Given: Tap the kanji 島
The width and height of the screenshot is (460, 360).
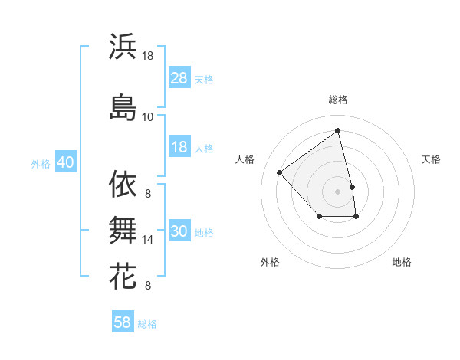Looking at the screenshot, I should point(123,106).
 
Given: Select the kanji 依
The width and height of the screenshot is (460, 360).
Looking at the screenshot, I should point(123,184).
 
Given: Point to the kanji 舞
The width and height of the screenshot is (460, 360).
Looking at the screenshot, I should point(123,230).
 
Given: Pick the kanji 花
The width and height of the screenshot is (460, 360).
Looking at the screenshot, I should point(123,276).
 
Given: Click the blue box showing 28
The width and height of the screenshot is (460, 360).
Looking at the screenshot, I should point(179,79).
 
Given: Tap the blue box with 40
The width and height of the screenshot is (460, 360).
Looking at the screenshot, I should point(65,163).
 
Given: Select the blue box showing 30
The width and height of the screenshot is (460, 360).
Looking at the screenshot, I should point(179,232).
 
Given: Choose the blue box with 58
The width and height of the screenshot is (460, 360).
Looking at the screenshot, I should point(123,322).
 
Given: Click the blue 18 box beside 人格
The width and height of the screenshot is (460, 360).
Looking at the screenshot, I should point(179,148).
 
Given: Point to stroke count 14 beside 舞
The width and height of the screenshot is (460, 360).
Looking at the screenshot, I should point(148,240).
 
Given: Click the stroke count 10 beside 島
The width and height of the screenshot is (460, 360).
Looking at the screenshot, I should point(147,116).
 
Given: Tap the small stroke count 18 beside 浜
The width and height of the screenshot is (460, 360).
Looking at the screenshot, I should point(148,56).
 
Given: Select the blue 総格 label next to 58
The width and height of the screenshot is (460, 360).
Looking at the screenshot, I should point(147,324).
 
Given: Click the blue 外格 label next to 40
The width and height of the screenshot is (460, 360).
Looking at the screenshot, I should point(40,164).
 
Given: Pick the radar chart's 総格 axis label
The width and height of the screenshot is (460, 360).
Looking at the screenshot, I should point(338,100).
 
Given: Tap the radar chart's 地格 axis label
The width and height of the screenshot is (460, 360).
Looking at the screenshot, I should point(402,262).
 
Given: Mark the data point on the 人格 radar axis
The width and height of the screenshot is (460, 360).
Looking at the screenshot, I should point(280,172).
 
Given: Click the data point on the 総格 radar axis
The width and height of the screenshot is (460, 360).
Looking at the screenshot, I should point(338,131).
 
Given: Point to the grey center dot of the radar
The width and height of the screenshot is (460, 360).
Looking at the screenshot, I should point(338,191).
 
